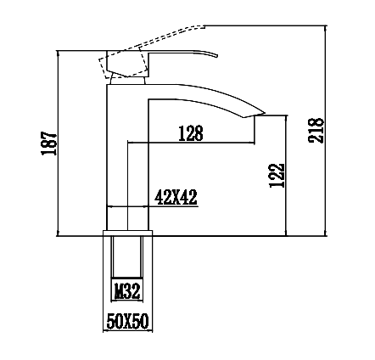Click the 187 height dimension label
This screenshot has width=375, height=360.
pos(49,143)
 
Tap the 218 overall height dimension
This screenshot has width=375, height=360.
pos(316,131)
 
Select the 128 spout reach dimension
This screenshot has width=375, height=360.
pos(191,133)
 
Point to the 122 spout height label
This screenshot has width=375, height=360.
pos(277,176)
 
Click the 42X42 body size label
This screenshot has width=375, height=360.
pos(176,197)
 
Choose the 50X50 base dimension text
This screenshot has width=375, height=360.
pos(127,321)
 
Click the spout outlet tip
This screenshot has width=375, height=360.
pos(265,113)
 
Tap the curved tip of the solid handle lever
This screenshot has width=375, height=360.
pos(216,55)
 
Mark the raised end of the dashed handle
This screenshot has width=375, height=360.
pos(204,26)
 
